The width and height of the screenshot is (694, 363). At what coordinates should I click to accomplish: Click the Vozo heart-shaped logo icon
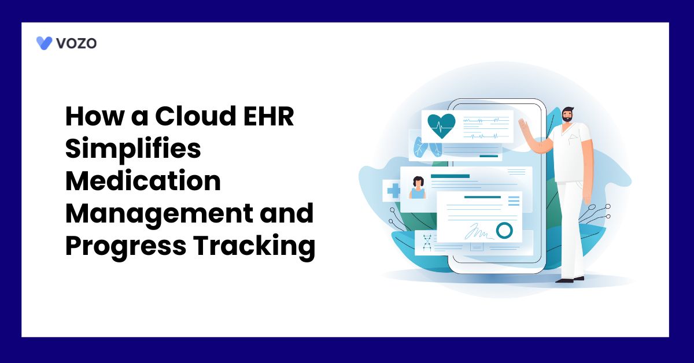click(44, 43)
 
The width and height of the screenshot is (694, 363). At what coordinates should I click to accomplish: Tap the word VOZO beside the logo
click(76, 43)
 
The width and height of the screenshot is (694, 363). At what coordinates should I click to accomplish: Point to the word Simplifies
click(132, 150)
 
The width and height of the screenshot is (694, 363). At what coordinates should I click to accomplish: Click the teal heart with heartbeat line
click(441, 124)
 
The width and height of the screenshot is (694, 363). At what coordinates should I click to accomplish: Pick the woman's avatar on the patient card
click(417, 187)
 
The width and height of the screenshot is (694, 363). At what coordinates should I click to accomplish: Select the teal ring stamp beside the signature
click(504, 231)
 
